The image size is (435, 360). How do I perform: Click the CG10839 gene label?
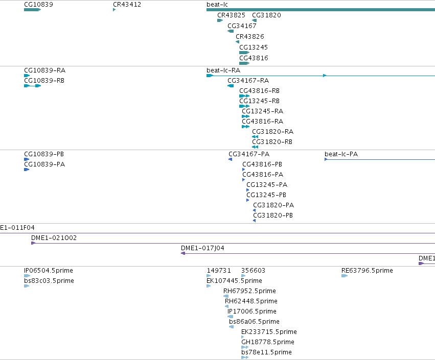pos(38,5)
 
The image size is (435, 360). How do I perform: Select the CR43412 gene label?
pos(127,5)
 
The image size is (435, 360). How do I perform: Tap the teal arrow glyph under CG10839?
pos(32,10)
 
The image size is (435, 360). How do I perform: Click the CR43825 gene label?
pos(232,15)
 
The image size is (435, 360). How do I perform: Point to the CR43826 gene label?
pos(250,37)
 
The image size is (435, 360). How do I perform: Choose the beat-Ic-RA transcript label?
pos(223,70)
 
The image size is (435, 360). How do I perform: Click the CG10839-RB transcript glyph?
pos(32,86)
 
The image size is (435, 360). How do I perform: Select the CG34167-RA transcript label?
pos(248,81)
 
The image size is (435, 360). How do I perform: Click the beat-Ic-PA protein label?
pos(341,154)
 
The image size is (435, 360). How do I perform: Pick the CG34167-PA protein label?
pos(249,154)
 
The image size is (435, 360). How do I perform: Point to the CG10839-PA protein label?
pos(44,164)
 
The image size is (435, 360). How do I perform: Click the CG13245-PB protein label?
pos(266,195)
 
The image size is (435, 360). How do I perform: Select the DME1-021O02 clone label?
pos(54,238)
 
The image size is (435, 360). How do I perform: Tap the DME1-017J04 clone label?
pos(202,248)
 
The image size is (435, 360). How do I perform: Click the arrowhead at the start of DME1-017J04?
pos(183,253)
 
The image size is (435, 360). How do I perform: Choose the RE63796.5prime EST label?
pos(368,271)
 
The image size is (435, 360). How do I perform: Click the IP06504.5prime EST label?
pos(49,271)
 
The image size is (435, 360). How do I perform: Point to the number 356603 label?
pos(254,271)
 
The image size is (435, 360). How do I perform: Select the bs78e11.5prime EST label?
pos(267,352)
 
